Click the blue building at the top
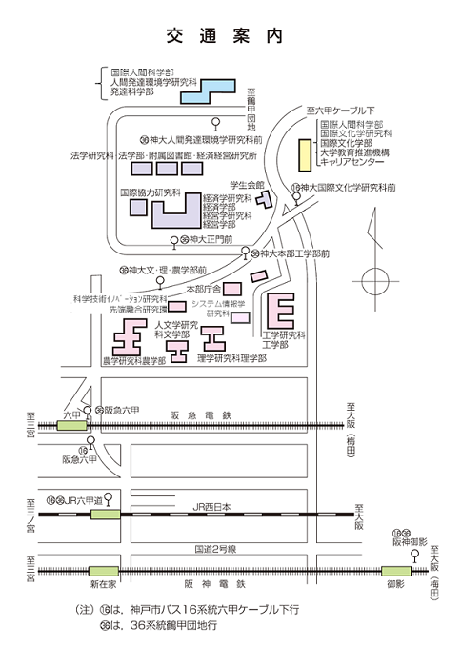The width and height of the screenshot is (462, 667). [207, 91]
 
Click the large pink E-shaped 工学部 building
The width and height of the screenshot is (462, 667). [282, 312]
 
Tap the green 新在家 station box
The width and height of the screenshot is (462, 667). [103, 570]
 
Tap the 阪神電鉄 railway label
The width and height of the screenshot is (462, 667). [215, 583]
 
